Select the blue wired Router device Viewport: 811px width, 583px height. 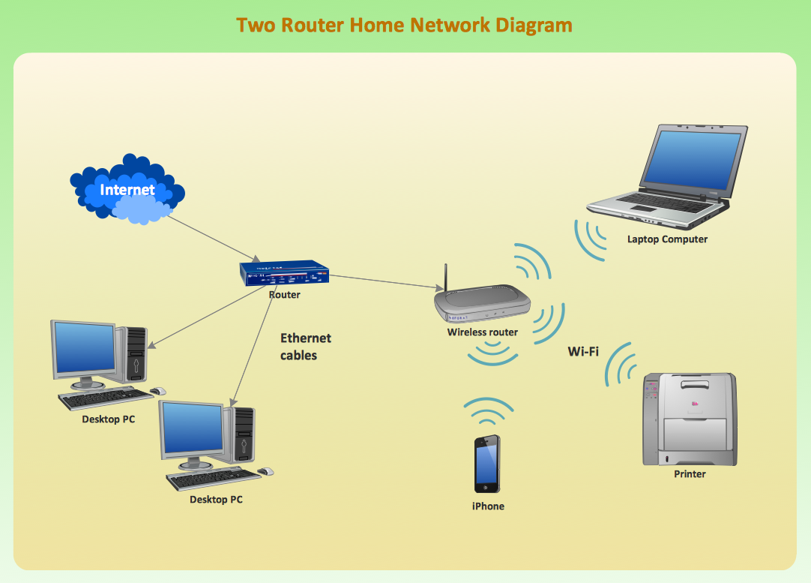(285, 274)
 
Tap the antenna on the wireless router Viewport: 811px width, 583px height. (445, 278)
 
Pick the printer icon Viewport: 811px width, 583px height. (689, 419)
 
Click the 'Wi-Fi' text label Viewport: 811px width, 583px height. (583, 351)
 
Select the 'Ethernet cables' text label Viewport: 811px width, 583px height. (305, 347)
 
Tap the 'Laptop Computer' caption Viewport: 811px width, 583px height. (667, 239)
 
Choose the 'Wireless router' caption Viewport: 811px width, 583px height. (483, 332)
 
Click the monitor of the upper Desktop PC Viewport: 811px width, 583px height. (84, 350)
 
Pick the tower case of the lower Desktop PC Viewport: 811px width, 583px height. (244, 435)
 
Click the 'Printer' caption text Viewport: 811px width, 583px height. (690, 474)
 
